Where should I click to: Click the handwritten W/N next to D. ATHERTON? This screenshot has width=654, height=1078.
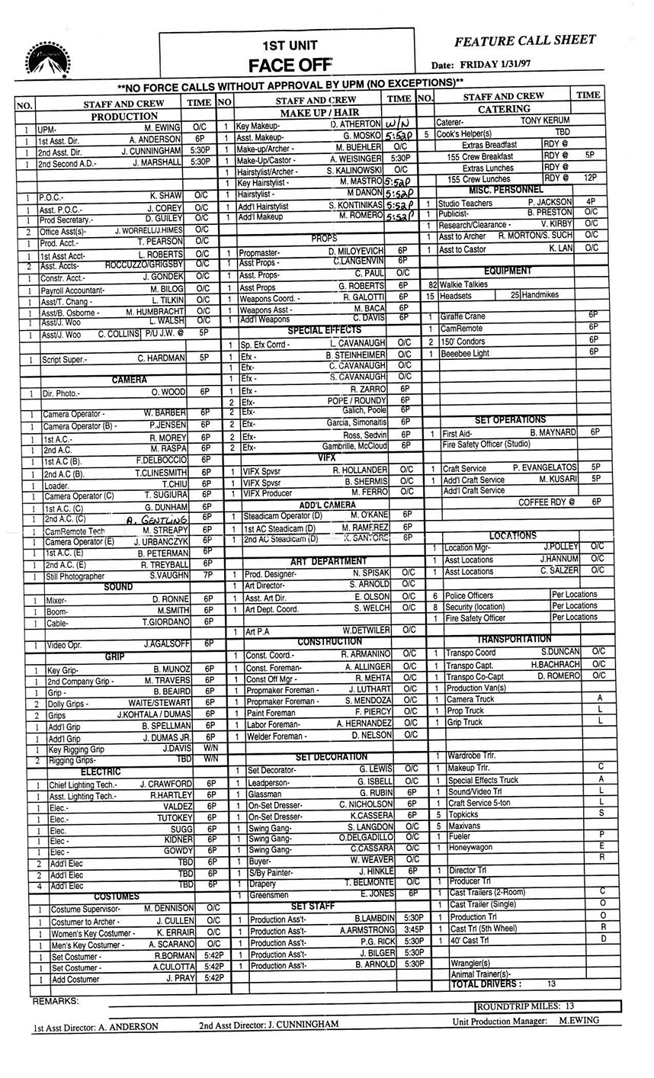pos(398,124)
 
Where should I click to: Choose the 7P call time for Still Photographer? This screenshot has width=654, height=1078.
pos(206,576)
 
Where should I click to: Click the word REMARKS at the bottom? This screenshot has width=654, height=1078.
pos(56,1000)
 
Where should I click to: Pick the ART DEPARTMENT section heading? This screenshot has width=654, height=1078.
pos(328,561)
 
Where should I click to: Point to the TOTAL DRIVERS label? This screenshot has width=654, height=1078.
pos(486,984)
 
